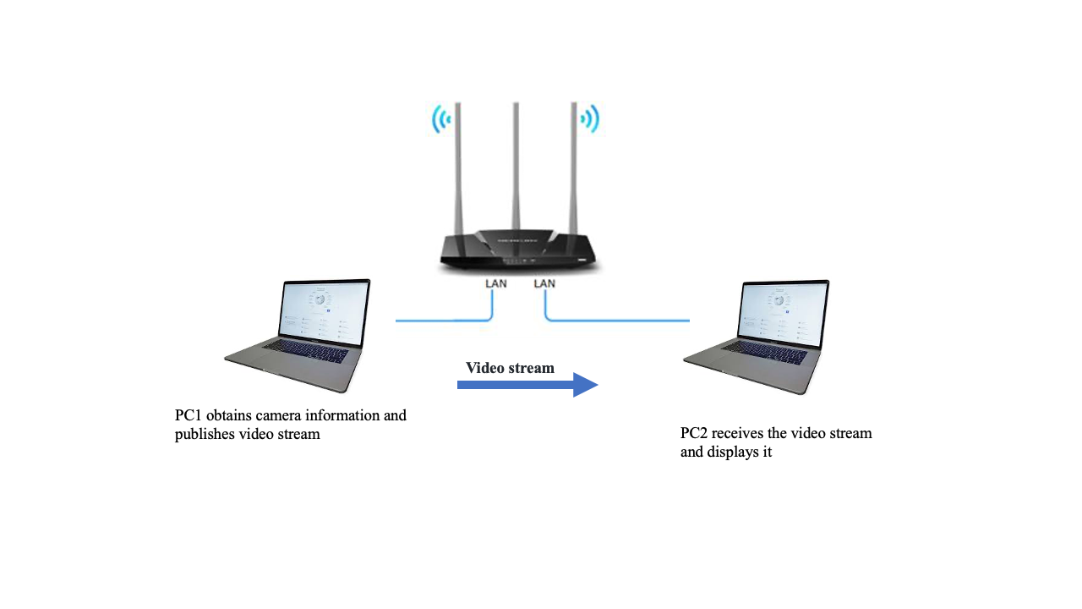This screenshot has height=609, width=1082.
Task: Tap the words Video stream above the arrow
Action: [510, 368]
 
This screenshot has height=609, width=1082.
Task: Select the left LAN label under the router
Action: [496, 283]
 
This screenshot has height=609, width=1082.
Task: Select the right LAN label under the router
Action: [544, 283]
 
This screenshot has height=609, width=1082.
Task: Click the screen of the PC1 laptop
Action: [325, 312]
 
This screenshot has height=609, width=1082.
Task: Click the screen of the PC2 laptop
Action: [783, 312]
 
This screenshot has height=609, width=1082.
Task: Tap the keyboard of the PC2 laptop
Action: [764, 350]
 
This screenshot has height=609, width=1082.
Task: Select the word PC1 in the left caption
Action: [189, 415]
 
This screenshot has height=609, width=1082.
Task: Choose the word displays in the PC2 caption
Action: [735, 453]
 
